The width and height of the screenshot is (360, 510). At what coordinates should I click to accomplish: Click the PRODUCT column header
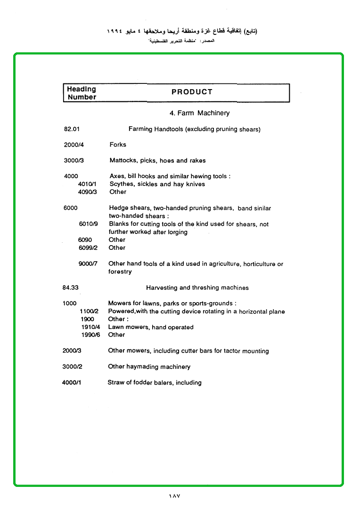point(192,92)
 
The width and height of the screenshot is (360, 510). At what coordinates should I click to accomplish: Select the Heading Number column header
point(82,93)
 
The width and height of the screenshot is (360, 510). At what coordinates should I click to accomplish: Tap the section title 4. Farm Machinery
point(199,113)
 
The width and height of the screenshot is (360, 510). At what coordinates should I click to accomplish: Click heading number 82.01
point(72,129)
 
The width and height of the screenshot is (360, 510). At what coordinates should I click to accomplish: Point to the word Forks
point(118,145)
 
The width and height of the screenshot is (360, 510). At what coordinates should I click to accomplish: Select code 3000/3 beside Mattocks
point(74,161)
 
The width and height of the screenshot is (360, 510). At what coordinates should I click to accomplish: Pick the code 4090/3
point(87,192)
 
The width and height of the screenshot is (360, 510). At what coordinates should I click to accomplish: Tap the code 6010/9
point(88,224)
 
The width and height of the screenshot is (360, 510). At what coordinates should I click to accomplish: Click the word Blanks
point(119,224)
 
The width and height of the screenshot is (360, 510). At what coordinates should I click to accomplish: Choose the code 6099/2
point(88,247)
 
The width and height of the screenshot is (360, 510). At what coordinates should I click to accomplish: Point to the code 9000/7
point(88,264)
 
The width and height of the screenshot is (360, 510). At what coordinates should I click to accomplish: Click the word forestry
point(120,272)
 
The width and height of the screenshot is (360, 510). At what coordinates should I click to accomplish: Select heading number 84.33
point(70,288)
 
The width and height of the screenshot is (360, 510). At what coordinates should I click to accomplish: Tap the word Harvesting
point(162,288)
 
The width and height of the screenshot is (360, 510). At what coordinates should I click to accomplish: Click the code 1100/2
point(89,312)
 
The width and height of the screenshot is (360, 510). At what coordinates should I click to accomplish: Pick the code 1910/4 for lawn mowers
point(90,327)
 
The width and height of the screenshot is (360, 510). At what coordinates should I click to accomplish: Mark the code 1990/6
point(90,335)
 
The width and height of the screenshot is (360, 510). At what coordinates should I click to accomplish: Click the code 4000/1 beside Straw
point(72,383)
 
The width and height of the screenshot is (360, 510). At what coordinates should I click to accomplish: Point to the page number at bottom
point(175,496)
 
